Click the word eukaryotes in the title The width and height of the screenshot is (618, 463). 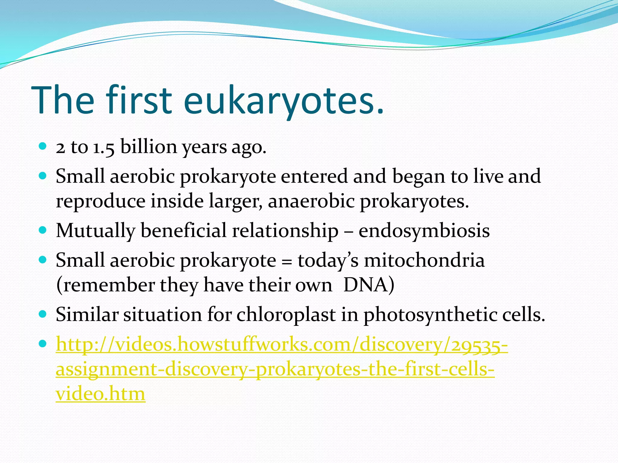284,101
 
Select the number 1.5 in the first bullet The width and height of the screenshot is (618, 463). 104,148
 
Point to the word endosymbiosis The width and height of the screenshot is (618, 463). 424,231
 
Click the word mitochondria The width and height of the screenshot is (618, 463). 424,260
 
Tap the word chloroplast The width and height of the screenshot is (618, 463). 286,315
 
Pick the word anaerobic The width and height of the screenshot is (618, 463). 311,201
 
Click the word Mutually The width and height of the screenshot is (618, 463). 95,231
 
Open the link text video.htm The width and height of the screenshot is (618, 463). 100,394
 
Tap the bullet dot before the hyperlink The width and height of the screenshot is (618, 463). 43,343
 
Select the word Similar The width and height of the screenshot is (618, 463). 87,315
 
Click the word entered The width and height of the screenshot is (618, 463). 314,176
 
